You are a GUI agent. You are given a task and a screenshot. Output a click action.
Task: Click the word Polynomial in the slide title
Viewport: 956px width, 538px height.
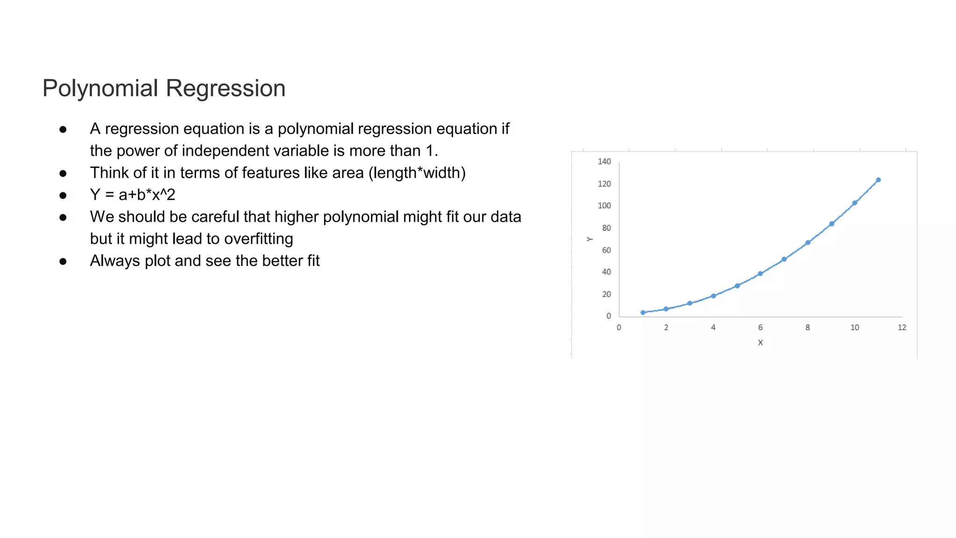point(100,88)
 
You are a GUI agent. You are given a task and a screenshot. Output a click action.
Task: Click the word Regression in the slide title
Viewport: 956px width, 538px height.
point(225,88)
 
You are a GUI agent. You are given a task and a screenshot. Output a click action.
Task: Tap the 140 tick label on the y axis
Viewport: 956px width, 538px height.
point(604,162)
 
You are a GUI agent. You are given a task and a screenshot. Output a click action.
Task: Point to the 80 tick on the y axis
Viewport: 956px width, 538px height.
point(606,228)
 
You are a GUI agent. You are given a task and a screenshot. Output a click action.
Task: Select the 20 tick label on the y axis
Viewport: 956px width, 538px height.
point(606,294)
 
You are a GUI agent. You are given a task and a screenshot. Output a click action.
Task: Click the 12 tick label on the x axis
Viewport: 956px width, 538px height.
point(902,327)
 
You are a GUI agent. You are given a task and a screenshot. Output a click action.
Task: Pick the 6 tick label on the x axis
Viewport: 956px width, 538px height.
point(760,327)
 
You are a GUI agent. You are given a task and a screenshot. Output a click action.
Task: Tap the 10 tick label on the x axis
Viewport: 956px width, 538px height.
point(855,327)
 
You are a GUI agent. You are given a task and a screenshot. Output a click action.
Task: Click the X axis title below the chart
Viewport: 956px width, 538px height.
point(760,342)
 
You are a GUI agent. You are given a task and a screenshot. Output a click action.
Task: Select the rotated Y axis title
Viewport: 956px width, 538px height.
point(590,239)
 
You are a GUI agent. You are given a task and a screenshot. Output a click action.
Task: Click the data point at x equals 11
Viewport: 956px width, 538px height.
point(878,180)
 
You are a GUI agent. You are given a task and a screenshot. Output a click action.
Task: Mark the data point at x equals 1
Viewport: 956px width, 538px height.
point(643,312)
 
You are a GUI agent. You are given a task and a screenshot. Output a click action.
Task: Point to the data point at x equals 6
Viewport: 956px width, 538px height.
point(760,274)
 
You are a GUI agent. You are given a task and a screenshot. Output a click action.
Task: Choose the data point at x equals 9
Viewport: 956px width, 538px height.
point(831,224)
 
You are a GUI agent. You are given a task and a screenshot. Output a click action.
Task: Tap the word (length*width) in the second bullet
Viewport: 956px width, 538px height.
point(417,173)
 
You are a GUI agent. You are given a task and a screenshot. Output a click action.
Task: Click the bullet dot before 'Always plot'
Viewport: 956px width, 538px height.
point(63,261)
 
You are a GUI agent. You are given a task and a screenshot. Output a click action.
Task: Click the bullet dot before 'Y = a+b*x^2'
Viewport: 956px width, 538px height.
point(63,195)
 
